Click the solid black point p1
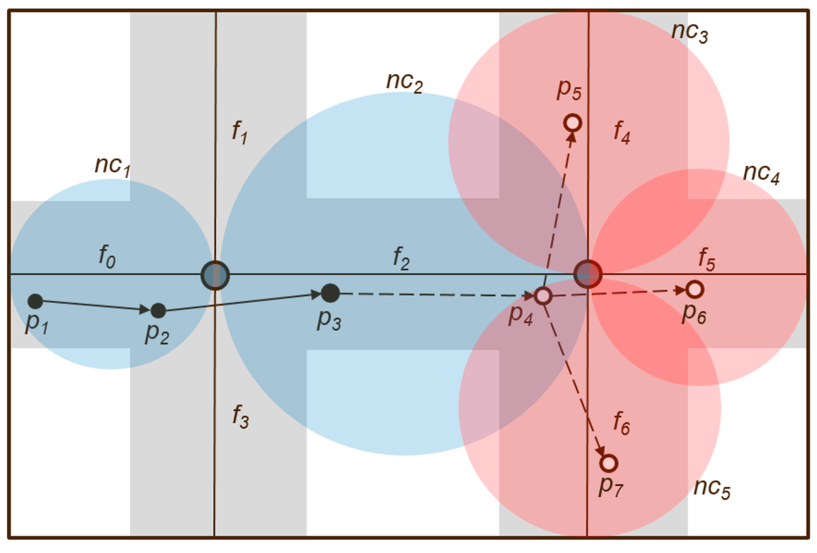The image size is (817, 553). [35, 301]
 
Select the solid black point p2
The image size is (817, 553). [158, 310]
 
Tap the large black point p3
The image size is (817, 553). [330, 293]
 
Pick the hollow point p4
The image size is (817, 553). [543, 296]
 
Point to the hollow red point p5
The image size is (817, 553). [572, 123]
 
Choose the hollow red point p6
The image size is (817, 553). [694, 289]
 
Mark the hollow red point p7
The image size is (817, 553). [609, 463]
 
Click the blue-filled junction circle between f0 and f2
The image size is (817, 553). [215, 275]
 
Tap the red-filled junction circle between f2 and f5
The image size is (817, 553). [588, 273]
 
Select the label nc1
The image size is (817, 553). [112, 166]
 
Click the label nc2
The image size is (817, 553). [404, 81]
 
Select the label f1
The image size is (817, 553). [239, 132]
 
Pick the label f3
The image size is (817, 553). [240, 416]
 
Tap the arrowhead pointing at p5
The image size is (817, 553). [572, 138]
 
